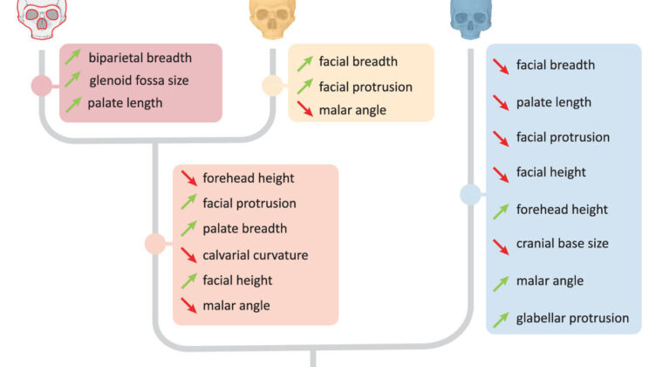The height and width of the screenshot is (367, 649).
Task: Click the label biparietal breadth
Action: tap(140, 59)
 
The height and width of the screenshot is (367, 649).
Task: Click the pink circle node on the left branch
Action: tap(41, 86)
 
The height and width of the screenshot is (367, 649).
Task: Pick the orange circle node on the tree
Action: tap(155, 245)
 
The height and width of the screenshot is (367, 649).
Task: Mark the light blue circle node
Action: tap(469, 195)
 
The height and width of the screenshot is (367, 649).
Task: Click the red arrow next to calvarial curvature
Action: tap(189, 255)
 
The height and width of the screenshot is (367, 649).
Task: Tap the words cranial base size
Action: tap(562, 244)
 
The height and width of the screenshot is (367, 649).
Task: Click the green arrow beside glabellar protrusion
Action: tap(501, 320)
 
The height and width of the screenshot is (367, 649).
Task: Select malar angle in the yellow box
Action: tap(352, 110)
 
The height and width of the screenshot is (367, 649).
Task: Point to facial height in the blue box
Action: tap(550, 172)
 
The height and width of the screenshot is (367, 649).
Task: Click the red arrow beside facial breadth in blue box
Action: tap(501, 65)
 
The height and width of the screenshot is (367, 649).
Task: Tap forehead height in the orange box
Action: tap(248, 178)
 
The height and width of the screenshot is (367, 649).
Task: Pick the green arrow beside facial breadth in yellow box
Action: tap(304, 62)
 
